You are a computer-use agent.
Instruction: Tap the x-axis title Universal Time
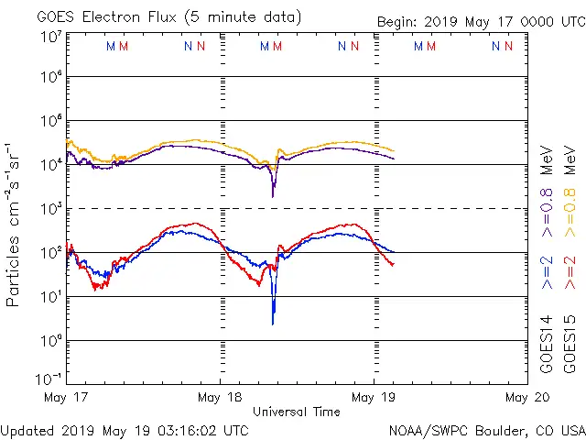pos(296,412)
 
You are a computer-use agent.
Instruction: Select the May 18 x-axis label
pos(220,398)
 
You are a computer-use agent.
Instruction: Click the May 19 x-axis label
pos(374,398)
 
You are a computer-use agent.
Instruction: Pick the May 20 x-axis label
pos(526,398)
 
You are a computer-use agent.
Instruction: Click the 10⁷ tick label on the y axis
pos(50,37)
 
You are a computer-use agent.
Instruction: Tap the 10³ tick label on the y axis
pos(50,209)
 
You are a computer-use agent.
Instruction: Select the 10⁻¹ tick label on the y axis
pos(49,379)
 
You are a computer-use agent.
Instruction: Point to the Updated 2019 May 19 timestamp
pos(125,429)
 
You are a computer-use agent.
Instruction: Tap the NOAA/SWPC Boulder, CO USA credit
pos(486,429)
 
